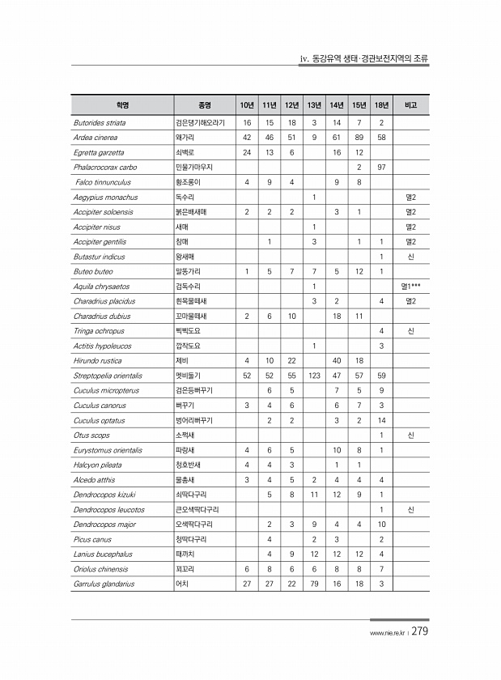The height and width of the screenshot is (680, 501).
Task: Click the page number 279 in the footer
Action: (420, 632)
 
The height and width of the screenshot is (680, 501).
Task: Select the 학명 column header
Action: (122, 105)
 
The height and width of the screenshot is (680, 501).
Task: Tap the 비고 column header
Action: (410, 105)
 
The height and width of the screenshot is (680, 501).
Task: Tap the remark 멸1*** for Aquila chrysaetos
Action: (410, 287)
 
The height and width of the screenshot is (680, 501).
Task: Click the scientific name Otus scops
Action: (89, 435)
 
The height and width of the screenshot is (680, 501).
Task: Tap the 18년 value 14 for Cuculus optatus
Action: (381, 420)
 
